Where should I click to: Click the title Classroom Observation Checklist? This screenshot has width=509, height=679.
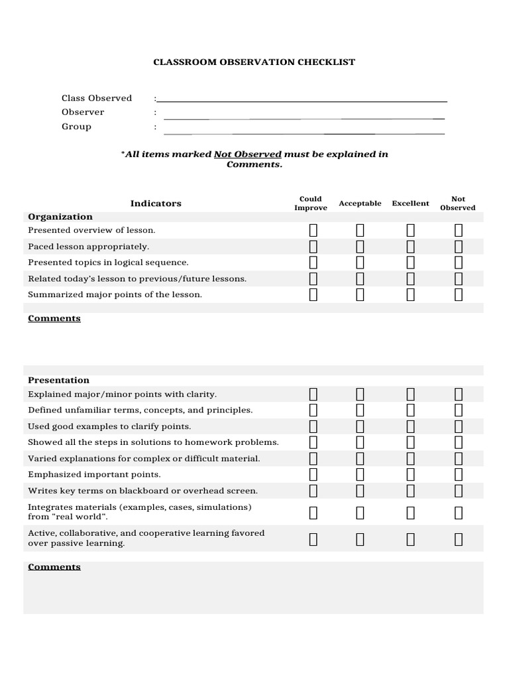[254, 62]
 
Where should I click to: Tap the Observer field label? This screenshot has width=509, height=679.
[83, 112]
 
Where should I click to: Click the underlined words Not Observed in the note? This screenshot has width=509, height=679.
[247, 154]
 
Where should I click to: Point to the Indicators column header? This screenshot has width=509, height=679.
[156, 204]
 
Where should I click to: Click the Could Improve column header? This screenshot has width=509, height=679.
[311, 204]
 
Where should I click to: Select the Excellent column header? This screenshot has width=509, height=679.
[410, 204]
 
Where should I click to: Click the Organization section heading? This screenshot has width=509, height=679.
[60, 217]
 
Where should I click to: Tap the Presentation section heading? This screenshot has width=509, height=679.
[58, 381]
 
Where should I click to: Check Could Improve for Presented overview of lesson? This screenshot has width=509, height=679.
[313, 231]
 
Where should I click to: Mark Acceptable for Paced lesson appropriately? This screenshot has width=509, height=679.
[360, 247]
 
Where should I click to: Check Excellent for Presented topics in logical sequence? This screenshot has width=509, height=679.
[410, 263]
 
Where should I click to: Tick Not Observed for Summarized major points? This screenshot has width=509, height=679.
[458, 295]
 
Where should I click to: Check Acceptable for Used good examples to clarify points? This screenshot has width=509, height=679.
[360, 426]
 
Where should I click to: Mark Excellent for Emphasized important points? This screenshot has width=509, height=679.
[410, 475]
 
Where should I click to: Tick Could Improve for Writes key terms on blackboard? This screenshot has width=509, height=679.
[313, 491]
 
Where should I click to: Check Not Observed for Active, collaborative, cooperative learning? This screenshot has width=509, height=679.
[458, 539]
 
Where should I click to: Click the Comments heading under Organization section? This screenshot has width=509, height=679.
[54, 319]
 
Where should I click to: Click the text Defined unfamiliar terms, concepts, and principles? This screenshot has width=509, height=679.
[140, 410]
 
